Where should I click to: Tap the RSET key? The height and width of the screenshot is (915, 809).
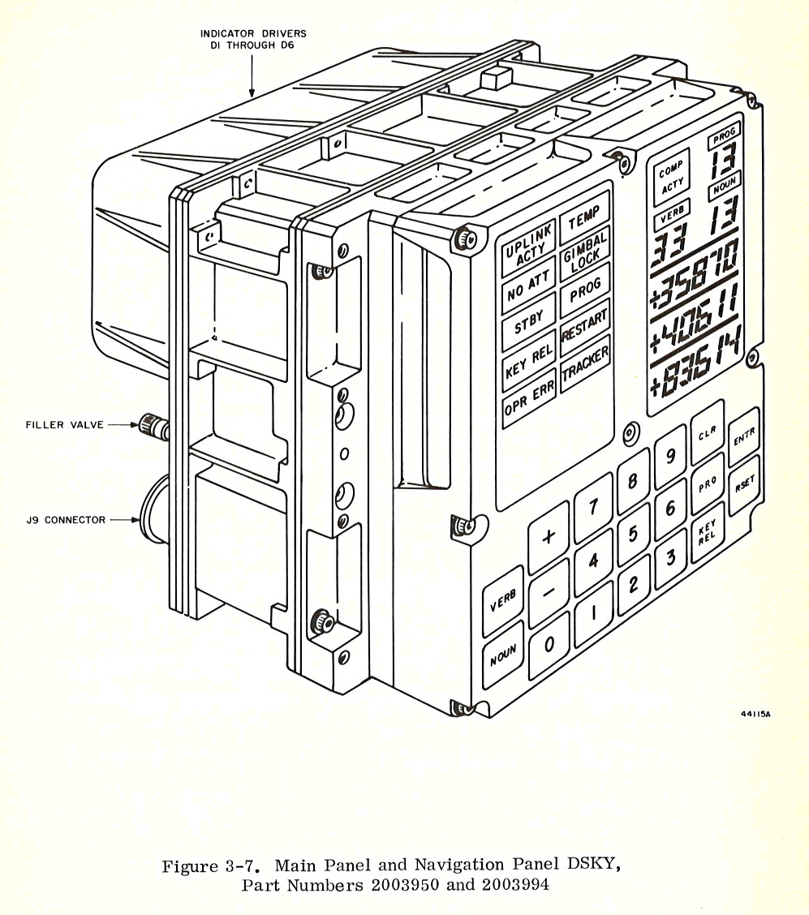pos(744,485)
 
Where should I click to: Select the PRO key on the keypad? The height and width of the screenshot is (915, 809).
pos(707,484)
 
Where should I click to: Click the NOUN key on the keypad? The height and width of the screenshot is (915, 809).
pos(503,659)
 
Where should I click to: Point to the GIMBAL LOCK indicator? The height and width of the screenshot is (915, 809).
pos(585,245)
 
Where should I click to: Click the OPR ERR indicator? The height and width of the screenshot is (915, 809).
pos(529,399)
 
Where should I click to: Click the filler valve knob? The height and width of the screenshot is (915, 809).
pos(152,423)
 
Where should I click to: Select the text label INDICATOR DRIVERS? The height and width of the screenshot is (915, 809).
pos(253,33)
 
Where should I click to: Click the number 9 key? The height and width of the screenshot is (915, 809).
pos(670,457)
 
